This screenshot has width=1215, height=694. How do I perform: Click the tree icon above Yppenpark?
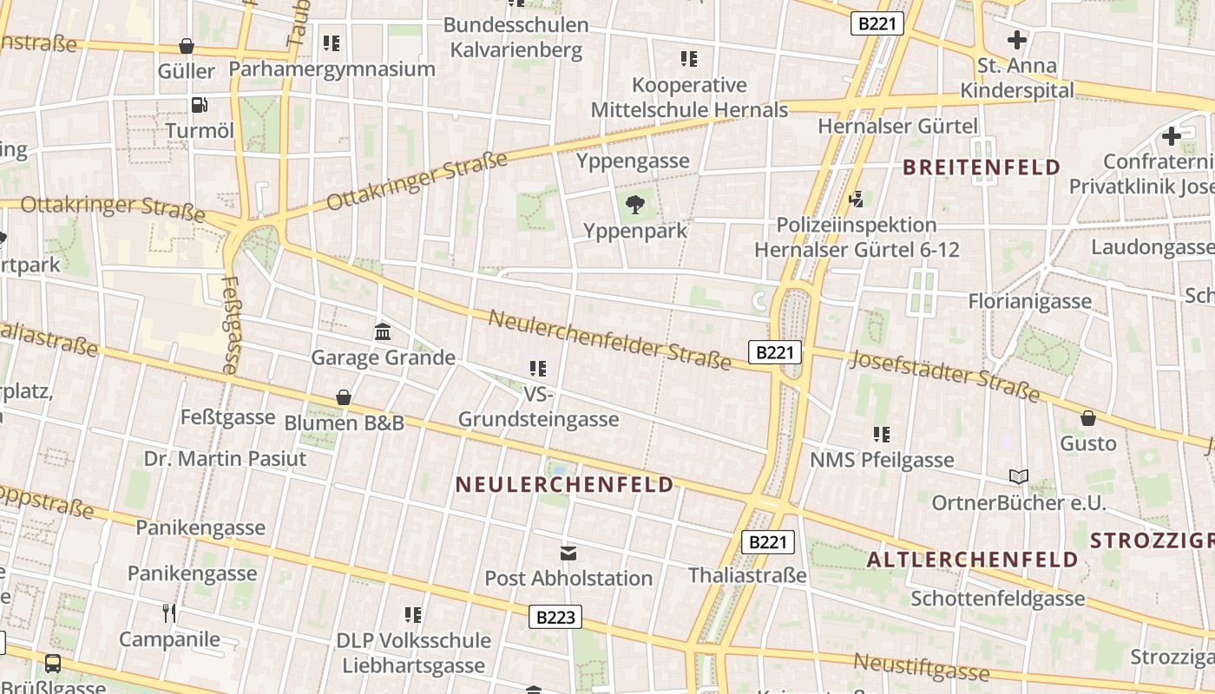click(635, 206)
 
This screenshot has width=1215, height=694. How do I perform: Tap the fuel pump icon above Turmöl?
click(200, 105)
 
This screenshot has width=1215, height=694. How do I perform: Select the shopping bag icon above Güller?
click(186, 45)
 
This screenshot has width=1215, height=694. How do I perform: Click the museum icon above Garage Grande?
click(382, 331)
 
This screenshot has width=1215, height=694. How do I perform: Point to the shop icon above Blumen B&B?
click(344, 397)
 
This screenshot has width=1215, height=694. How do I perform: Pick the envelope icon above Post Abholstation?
click(568, 553)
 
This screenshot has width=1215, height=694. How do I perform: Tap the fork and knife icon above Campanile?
click(169, 613)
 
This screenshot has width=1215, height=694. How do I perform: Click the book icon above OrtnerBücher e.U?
click(1018, 476)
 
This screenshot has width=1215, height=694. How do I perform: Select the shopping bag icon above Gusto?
click(1088, 418)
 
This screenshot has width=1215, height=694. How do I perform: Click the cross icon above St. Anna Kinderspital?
click(1016, 39)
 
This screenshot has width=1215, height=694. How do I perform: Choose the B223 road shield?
click(555, 617)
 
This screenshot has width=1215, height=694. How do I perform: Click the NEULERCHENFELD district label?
click(565, 484)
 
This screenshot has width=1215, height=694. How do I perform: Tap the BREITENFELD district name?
click(982, 167)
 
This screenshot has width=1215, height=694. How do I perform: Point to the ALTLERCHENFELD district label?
click(972, 559)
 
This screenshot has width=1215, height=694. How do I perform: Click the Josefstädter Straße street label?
click(944, 376)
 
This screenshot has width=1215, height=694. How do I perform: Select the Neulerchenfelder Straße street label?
click(609, 339)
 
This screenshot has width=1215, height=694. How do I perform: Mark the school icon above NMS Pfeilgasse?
click(882, 434)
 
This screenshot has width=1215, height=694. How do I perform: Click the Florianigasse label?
click(1029, 301)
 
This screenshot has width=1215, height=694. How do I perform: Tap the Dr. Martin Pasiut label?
click(225, 458)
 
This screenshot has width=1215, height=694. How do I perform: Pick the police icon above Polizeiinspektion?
click(857, 199)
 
